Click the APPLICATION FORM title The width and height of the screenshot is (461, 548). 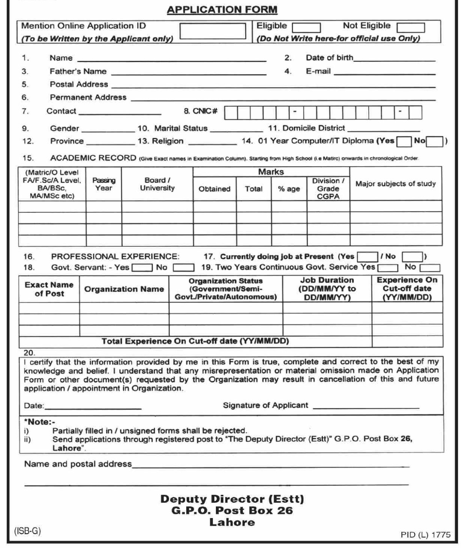click(x=222, y=10)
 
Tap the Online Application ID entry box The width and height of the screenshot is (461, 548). click(x=213, y=31)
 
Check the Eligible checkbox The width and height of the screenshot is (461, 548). click(x=306, y=28)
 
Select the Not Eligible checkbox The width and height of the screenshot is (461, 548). click(x=411, y=28)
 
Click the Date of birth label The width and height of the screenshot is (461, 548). click(x=329, y=58)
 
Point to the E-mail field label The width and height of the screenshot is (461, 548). click(x=318, y=71)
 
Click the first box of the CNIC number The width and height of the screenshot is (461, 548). click(x=231, y=112)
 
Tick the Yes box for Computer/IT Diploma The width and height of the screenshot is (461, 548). click(x=404, y=142)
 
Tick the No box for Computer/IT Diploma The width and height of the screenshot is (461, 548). click(x=435, y=142)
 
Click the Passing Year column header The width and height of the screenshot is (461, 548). click(x=104, y=184)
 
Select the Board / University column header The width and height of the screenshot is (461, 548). click(x=157, y=184)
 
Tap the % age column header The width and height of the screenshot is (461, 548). click(x=289, y=189)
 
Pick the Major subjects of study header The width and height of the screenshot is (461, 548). click(x=395, y=184)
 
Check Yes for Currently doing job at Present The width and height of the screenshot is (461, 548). click(x=367, y=256)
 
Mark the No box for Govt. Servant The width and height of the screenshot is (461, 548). click(x=183, y=268)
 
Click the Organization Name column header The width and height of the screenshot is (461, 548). click(x=124, y=289)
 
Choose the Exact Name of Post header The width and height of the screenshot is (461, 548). click(x=49, y=289)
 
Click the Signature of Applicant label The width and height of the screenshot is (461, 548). click(x=265, y=405)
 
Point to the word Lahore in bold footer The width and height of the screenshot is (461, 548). click(x=232, y=522)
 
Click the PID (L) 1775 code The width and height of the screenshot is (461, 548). click(x=425, y=535)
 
